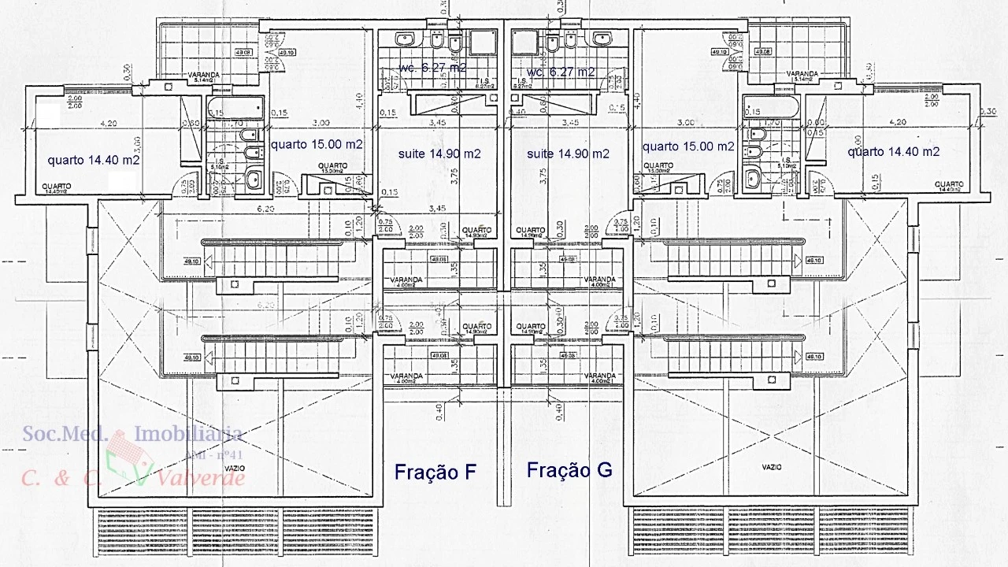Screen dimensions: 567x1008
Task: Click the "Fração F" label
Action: (435, 472)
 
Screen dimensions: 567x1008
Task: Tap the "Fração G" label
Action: (569, 470)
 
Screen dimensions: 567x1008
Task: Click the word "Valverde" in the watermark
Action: (201, 476)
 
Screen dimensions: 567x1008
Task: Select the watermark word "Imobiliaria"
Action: (189, 433)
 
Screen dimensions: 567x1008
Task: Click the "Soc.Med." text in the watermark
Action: (65, 433)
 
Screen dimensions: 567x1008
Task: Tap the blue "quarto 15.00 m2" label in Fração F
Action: (317, 144)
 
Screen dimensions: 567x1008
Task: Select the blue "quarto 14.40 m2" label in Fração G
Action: (894, 151)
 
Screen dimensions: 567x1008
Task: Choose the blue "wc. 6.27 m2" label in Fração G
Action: (561, 72)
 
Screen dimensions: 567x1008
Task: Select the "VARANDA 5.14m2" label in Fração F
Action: (203, 77)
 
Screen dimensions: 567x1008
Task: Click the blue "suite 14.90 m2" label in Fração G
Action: (568, 154)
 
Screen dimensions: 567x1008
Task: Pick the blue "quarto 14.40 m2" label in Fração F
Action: (94, 160)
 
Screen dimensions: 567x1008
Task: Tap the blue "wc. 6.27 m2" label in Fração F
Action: (433, 68)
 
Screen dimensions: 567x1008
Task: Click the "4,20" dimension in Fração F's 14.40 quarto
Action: (108, 123)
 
